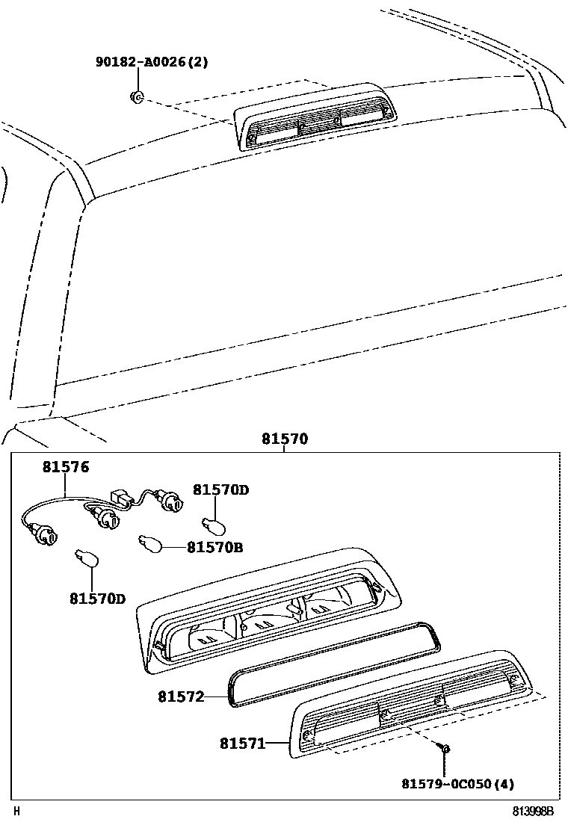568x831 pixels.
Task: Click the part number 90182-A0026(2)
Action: [152, 62]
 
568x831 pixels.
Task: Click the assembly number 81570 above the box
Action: [284, 439]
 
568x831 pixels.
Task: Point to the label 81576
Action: [65, 468]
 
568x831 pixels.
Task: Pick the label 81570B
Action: [214, 548]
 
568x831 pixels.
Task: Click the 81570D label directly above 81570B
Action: [220, 490]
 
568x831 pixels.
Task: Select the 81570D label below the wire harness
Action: [98, 599]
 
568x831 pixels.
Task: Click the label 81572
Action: [181, 696]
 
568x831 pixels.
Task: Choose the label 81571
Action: [243, 744]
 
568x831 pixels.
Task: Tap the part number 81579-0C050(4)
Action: [457, 784]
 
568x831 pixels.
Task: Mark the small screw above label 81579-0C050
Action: [445, 747]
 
